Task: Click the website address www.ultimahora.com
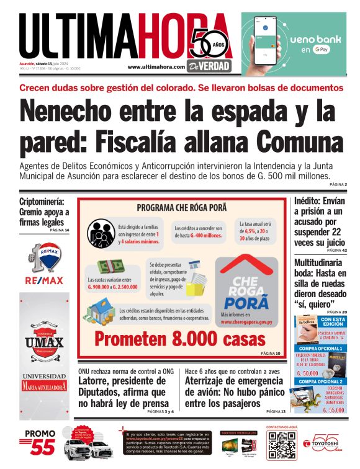click(x=156, y=66)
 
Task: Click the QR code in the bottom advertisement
click(x=281, y=445)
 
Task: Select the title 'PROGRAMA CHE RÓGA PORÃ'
click(x=181, y=207)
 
